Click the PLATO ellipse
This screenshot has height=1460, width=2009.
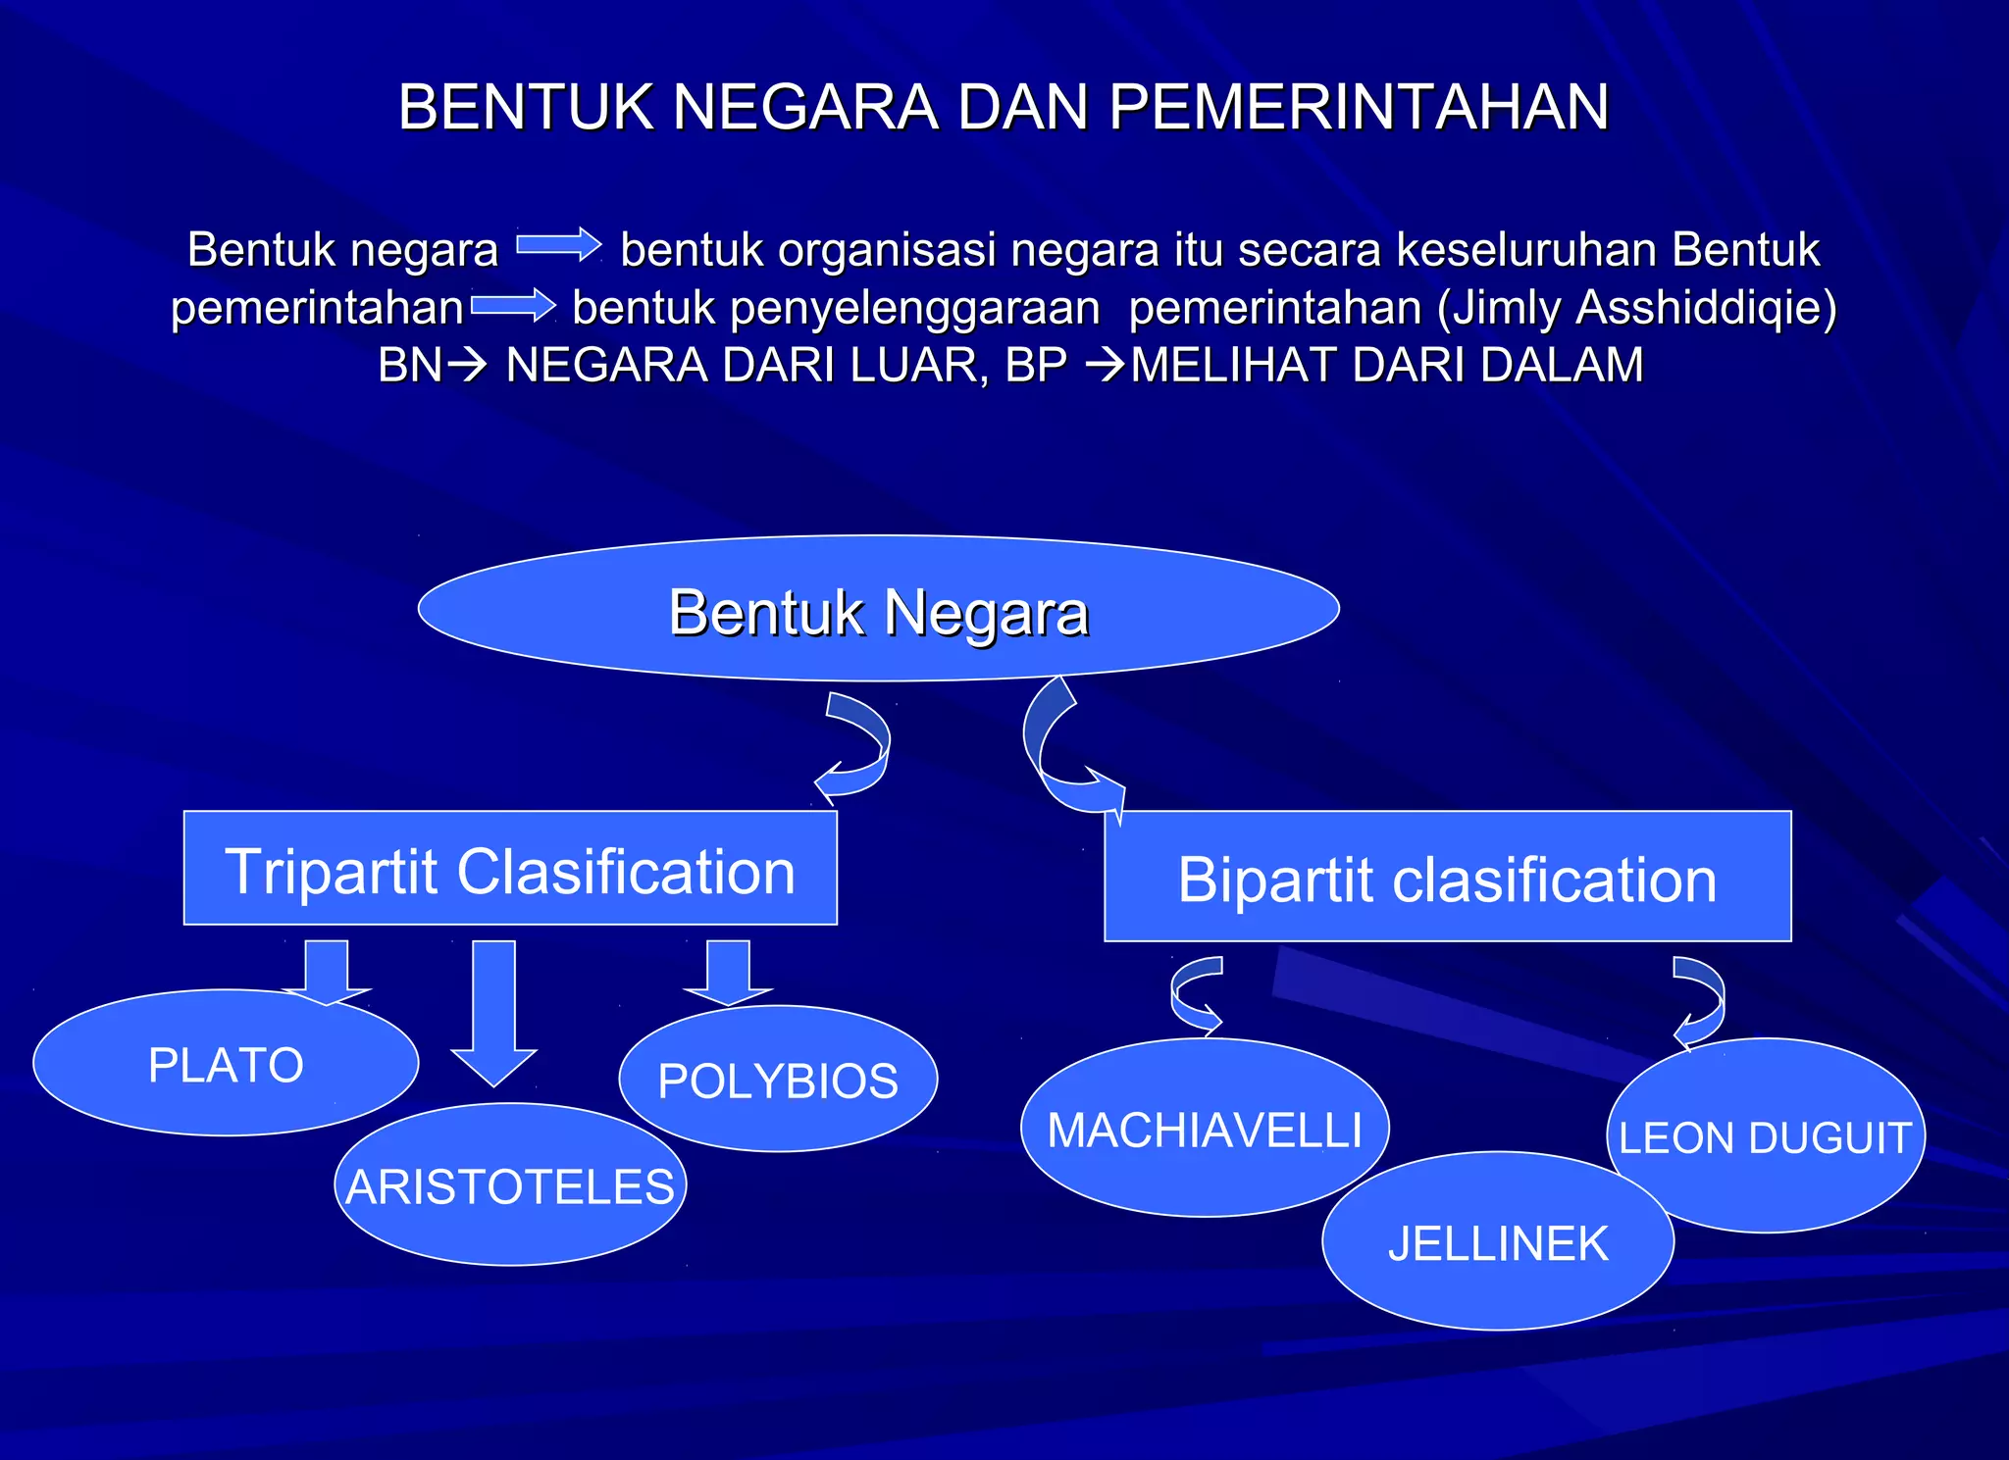tap(226, 1065)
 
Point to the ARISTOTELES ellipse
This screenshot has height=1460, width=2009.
tap(510, 1186)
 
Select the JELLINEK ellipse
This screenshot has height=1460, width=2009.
tap(1498, 1243)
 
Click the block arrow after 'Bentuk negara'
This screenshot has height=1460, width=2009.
tap(559, 245)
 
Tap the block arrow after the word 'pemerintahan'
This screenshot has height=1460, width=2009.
tap(513, 305)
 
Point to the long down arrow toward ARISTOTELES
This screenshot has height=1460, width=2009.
tap(493, 1010)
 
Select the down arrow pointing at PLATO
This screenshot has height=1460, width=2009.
tap(327, 971)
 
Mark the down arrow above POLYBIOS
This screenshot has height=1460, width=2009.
tap(728, 971)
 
